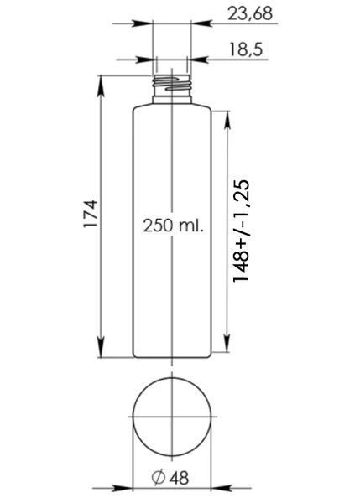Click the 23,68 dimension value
(250, 13)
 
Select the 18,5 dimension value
(246, 49)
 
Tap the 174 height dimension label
(91, 214)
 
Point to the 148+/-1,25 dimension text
(241, 231)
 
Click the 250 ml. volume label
(174, 226)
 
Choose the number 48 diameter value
(180, 478)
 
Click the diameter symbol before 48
(159, 477)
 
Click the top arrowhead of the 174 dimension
(101, 86)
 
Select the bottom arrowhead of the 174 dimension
(101, 347)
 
